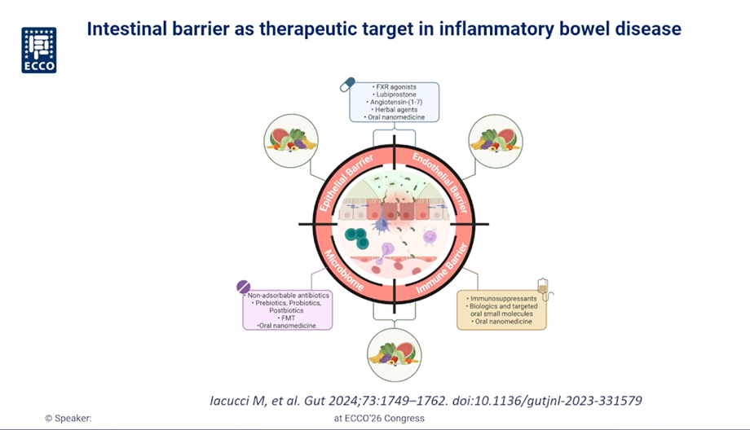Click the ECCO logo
pyautogui.click(x=38, y=50)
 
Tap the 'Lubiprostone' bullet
pyautogui.click(x=395, y=94)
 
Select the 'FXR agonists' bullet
pyautogui.click(x=395, y=86)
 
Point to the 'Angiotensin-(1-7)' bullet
pyautogui.click(x=395, y=102)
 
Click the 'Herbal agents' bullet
pyautogui.click(x=395, y=110)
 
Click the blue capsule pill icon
pyautogui.click(x=348, y=83)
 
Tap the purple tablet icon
pyautogui.click(x=244, y=286)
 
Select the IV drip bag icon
pyautogui.click(x=540, y=286)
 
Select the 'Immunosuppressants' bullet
pyautogui.click(x=502, y=299)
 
